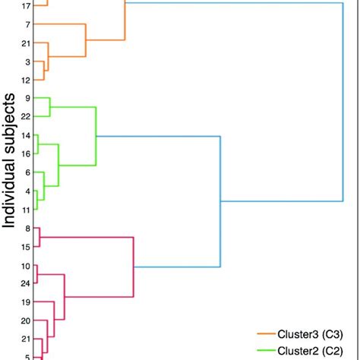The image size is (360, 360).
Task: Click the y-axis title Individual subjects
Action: tap(11, 160)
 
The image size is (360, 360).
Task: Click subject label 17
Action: tap(27, 6)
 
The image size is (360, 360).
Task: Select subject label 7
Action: tap(27, 25)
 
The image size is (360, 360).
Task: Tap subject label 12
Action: tap(27, 80)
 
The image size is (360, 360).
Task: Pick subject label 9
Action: tap(27, 98)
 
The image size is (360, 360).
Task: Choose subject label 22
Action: tap(27, 116)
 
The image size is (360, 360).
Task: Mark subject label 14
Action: tap(27, 135)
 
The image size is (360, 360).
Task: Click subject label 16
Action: tap(27, 153)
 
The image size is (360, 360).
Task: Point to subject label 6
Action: tap(27, 172)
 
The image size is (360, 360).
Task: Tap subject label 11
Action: tap(27, 209)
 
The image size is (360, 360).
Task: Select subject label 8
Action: tap(27, 228)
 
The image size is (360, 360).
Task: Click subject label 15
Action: tap(27, 246)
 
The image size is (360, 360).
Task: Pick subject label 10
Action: tap(27, 266)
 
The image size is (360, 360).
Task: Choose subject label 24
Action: tap(27, 283)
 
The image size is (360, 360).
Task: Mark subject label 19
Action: tap(27, 302)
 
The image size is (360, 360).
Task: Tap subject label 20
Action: tap(27, 321)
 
